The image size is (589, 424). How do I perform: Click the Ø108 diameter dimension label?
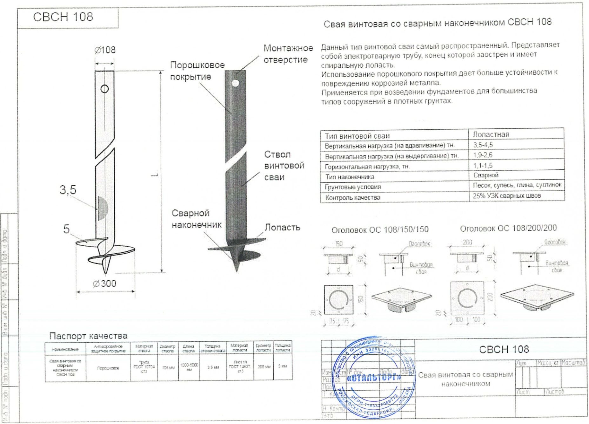pyautogui.click(x=105, y=50)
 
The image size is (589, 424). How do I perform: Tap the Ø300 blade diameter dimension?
pyautogui.click(x=104, y=283)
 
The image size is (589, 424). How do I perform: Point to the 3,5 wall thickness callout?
pyautogui.click(x=68, y=190)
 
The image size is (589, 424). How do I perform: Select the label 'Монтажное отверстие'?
pyautogui.click(x=288, y=54)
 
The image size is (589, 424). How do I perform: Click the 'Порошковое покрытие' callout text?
pyautogui.click(x=197, y=71)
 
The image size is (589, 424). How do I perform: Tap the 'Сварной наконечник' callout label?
pyautogui.click(x=197, y=219)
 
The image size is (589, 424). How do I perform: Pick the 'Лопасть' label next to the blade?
pyautogui.click(x=282, y=227)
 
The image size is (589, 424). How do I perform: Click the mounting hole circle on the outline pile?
pyautogui.click(x=104, y=89)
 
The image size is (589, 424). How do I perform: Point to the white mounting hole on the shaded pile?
pyautogui.click(x=235, y=83)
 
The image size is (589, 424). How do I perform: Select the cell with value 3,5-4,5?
pyautogui.click(x=483, y=145)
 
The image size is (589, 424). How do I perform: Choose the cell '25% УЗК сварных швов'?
pyautogui.click(x=506, y=196)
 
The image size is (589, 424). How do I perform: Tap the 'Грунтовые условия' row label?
pyautogui.click(x=353, y=187)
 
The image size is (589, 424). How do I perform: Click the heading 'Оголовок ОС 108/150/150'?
pyautogui.click(x=380, y=229)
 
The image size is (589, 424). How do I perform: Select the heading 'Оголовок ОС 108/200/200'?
pyautogui.click(x=508, y=228)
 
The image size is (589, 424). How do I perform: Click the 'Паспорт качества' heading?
pyautogui.click(x=88, y=336)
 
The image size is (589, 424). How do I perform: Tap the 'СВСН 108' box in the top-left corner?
pyautogui.click(x=63, y=17)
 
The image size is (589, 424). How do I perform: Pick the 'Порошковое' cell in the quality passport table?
pyautogui.click(x=108, y=368)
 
